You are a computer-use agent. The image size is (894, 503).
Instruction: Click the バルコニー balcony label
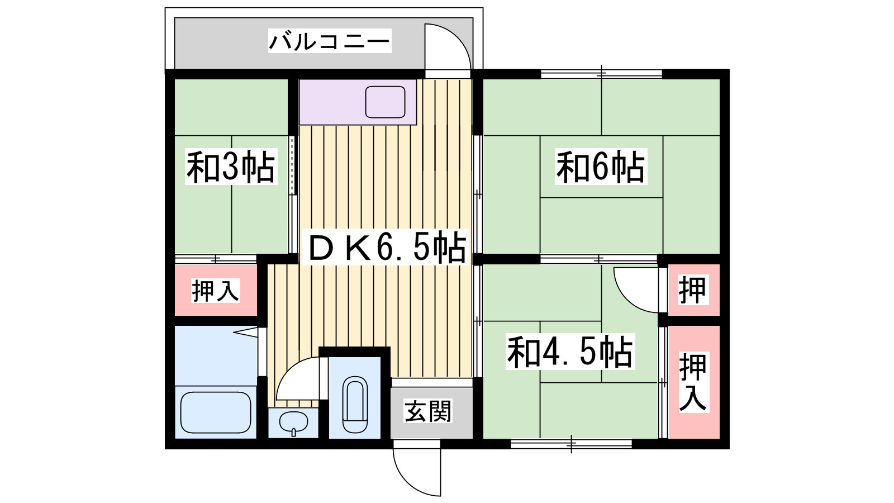329,41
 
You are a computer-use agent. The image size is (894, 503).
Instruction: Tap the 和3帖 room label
231,167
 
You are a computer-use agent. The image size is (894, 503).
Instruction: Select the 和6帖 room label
601,167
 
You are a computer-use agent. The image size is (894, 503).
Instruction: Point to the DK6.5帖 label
387,248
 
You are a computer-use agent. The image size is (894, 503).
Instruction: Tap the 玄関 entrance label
427,412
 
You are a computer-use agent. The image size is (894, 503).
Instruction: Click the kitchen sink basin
385,102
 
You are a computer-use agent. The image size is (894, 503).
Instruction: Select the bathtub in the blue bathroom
216,412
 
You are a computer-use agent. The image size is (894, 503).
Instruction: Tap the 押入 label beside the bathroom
215,291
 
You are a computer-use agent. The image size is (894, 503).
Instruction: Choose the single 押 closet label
692,290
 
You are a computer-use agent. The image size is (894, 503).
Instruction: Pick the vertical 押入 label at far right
693,382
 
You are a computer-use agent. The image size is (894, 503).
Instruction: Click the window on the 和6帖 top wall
601,73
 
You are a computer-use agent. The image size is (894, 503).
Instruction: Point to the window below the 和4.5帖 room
571,444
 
